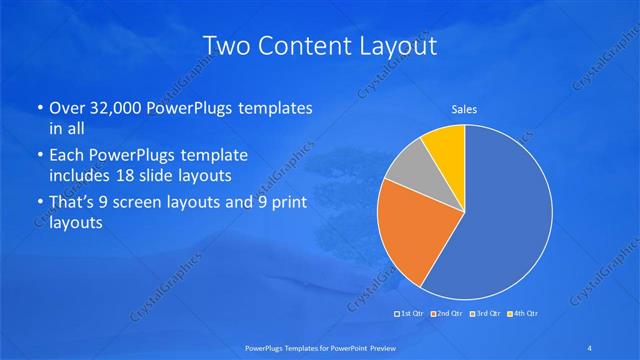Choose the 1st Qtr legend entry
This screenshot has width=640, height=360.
tap(410, 315)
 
